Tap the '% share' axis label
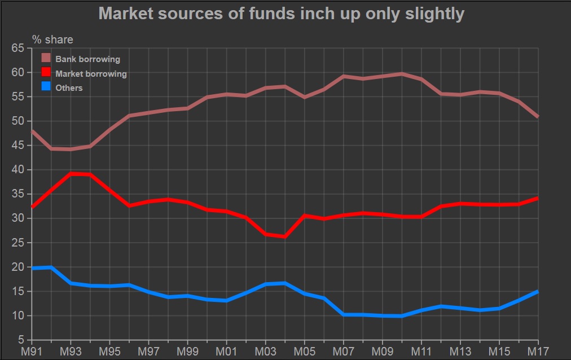pyautogui.click(x=52, y=39)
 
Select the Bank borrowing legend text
pyautogui.click(x=87, y=59)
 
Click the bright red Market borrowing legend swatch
pyautogui.click(x=46, y=73)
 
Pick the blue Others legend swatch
pyautogui.click(x=46, y=87)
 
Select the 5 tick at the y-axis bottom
pyautogui.click(x=20, y=340)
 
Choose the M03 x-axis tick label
pyautogui.click(x=265, y=352)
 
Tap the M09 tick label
pyautogui.click(x=382, y=352)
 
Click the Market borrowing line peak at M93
pyautogui.click(x=71, y=174)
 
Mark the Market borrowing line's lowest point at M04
pyautogui.click(x=285, y=236)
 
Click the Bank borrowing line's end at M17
pyautogui.click(x=538, y=117)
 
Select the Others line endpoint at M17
pyautogui.click(x=538, y=291)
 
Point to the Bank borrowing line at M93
pyautogui.click(x=71, y=149)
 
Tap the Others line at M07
pyautogui.click(x=343, y=314)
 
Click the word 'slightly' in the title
pyautogui.click(x=437, y=14)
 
